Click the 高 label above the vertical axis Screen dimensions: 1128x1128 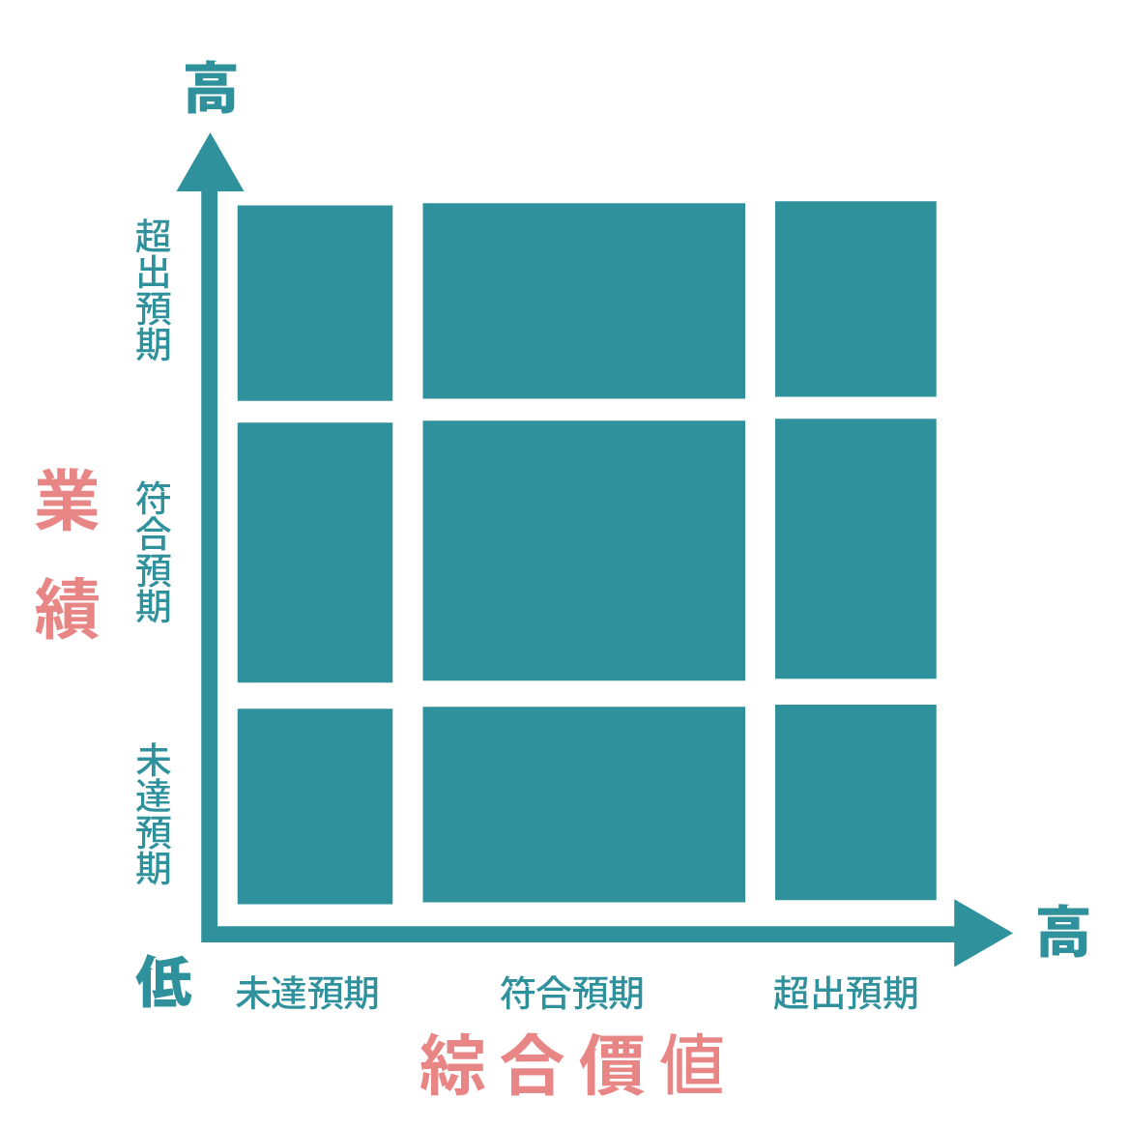tap(211, 88)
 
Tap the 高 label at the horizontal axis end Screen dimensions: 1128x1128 tap(1063, 932)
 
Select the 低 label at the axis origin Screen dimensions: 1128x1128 tap(163, 981)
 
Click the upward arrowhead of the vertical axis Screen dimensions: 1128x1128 tap(210, 165)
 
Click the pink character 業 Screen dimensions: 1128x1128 tap(68, 500)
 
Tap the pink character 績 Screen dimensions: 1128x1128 tap(68, 609)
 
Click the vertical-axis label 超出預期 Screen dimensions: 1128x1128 tap(153, 289)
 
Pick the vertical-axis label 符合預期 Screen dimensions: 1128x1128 tap(153, 552)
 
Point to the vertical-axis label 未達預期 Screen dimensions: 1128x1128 tap(153, 813)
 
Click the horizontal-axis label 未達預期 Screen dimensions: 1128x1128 tap(307, 993)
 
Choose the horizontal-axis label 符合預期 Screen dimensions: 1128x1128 tap(572, 993)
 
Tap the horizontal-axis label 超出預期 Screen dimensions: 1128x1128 tap(846, 993)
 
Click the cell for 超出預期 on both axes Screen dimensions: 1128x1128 tap(855, 299)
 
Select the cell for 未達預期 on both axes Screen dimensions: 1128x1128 tap(315, 806)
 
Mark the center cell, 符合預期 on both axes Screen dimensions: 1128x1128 tap(584, 551)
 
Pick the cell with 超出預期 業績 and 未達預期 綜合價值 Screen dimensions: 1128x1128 tap(315, 303)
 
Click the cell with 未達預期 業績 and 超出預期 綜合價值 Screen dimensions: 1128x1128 tap(855, 802)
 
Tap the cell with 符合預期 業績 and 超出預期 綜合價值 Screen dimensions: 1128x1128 tap(855, 549)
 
